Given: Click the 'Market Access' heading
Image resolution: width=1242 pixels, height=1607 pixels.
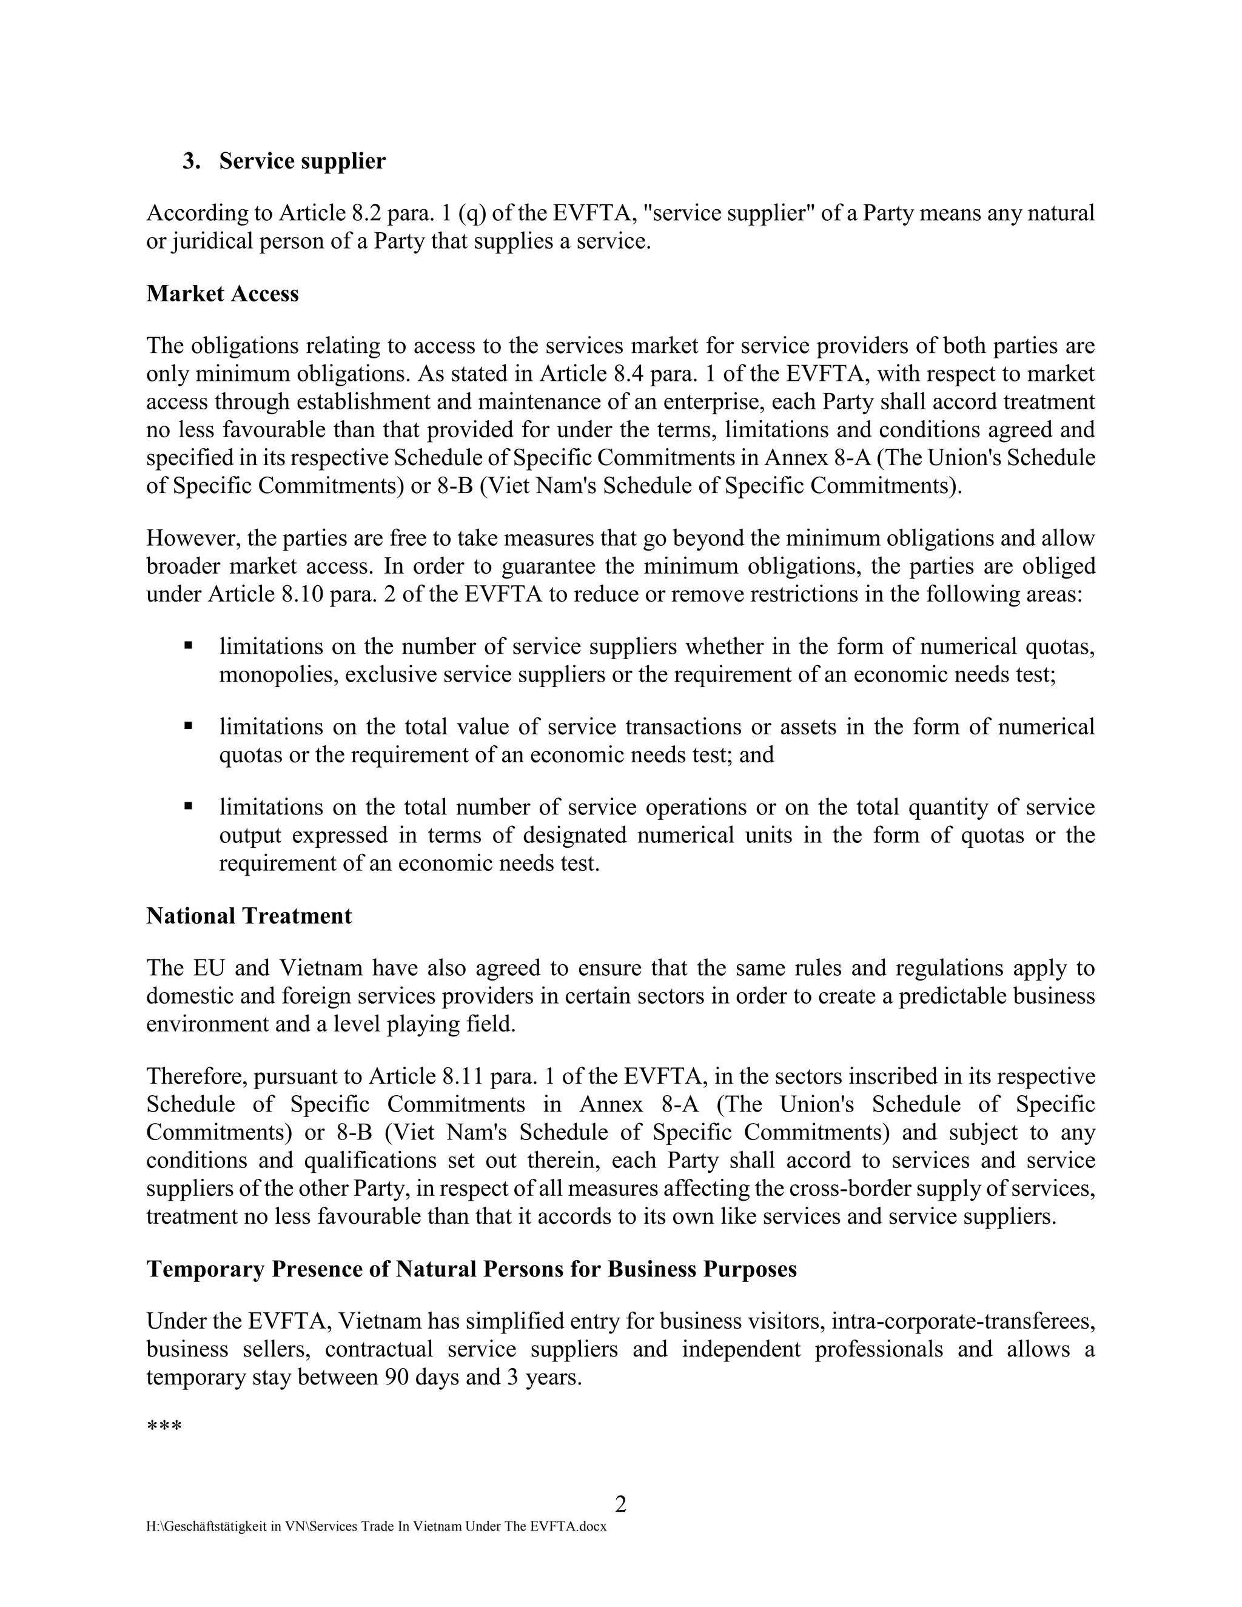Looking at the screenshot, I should (x=222, y=294).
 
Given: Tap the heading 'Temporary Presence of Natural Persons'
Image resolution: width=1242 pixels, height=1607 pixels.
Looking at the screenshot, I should (x=471, y=1269).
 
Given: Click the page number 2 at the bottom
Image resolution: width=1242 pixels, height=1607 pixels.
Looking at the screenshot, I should (x=620, y=1504).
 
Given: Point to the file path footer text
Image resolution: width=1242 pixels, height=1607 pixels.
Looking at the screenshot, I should (x=376, y=1526).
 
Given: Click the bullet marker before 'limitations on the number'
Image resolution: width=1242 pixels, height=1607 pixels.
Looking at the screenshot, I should (x=189, y=646).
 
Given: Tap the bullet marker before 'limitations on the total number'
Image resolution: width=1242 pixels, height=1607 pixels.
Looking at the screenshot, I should (x=189, y=807).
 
